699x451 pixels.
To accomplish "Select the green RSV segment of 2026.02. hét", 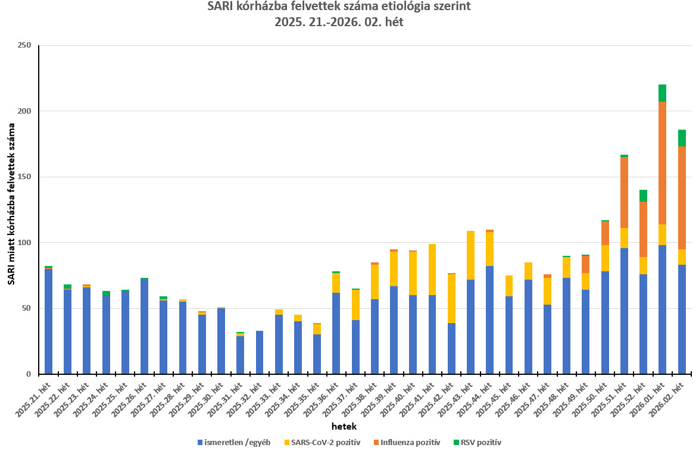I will pos(681,138).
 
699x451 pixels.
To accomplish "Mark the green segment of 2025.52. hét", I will pos(643,196).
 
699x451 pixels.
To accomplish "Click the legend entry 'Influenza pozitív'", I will pos(411,442).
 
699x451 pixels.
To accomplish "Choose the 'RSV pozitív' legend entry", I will pos(481,442).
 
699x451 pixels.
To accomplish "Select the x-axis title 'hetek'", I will pos(344,427).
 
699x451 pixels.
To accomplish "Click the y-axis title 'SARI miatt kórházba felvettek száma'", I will pos(11,203).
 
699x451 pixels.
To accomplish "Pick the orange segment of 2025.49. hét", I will pos(585,264).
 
